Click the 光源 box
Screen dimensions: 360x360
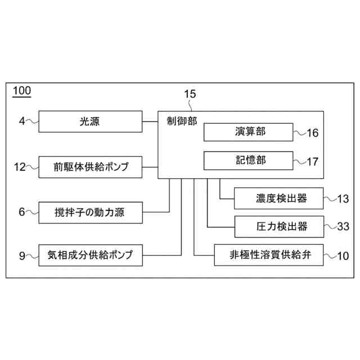pyautogui.click(x=90, y=121)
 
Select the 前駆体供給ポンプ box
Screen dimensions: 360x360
pyautogui.click(x=90, y=166)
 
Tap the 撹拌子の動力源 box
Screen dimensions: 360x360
pyautogui.click(x=90, y=211)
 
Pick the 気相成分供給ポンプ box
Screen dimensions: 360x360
pyautogui.click(x=90, y=255)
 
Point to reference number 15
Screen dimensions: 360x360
pyautogui.click(x=190, y=94)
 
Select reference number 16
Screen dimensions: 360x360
pyautogui.click(x=312, y=133)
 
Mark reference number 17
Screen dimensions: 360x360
pyautogui.click(x=312, y=162)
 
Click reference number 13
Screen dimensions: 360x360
pyautogui.click(x=343, y=199)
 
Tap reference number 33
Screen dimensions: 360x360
pyautogui.click(x=343, y=227)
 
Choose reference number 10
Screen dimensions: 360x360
pyautogui.click(x=343, y=256)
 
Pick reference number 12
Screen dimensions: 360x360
pyautogui.click(x=20, y=166)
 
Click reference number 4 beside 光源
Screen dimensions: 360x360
pyautogui.click(x=21, y=121)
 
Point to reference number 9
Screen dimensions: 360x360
pyautogui.click(x=22, y=256)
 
